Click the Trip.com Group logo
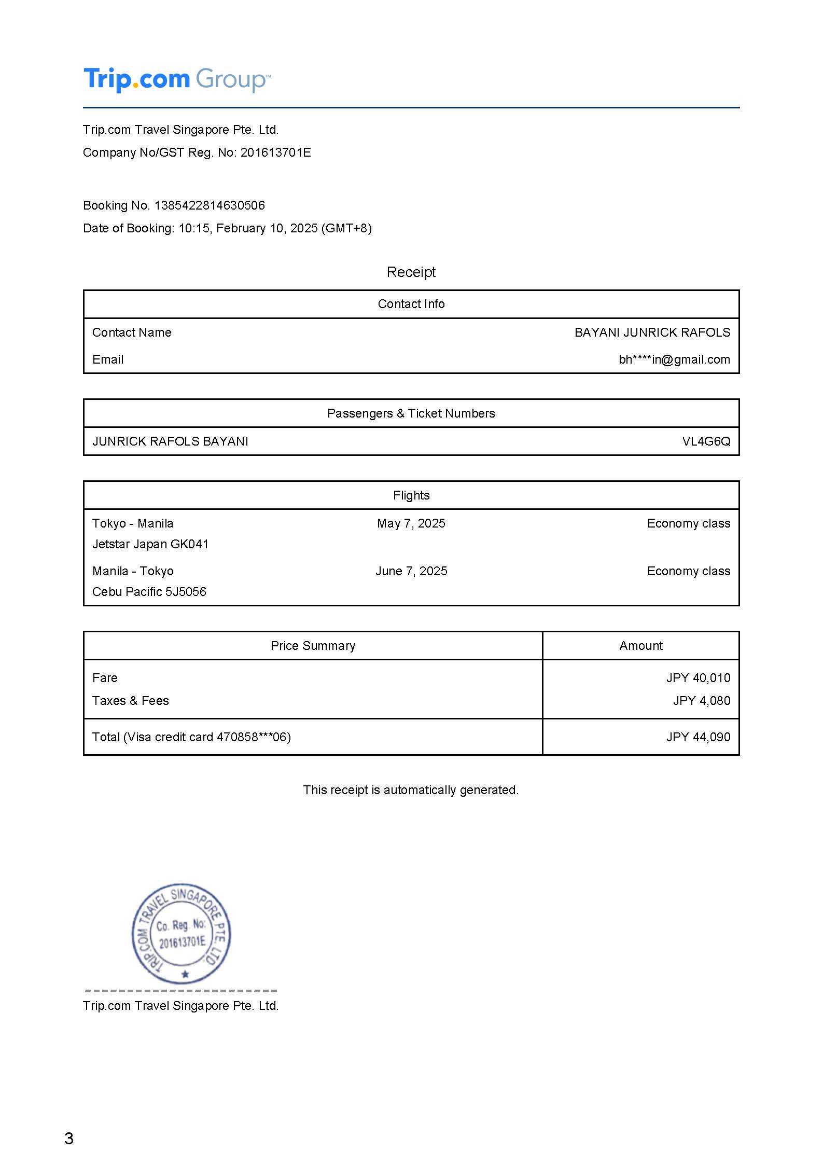tap(177, 79)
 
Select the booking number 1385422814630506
tap(210, 205)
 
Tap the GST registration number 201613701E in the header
tap(275, 152)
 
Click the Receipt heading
tap(411, 272)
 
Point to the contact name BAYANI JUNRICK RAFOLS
tap(652, 332)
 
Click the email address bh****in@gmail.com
tap(674, 359)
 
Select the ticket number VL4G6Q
tap(706, 441)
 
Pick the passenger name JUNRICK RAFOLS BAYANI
tap(170, 441)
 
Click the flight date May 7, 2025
tap(411, 523)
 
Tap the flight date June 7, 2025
tap(411, 571)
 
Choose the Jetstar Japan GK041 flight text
tap(150, 544)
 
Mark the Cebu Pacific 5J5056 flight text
tap(149, 592)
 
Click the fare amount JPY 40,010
tap(698, 678)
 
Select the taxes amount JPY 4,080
tap(701, 701)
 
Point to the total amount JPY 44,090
tap(698, 737)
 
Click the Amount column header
tap(640, 646)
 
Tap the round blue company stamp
tap(181, 933)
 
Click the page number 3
tap(69, 1139)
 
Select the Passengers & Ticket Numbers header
tap(411, 413)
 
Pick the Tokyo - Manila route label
tap(133, 523)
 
